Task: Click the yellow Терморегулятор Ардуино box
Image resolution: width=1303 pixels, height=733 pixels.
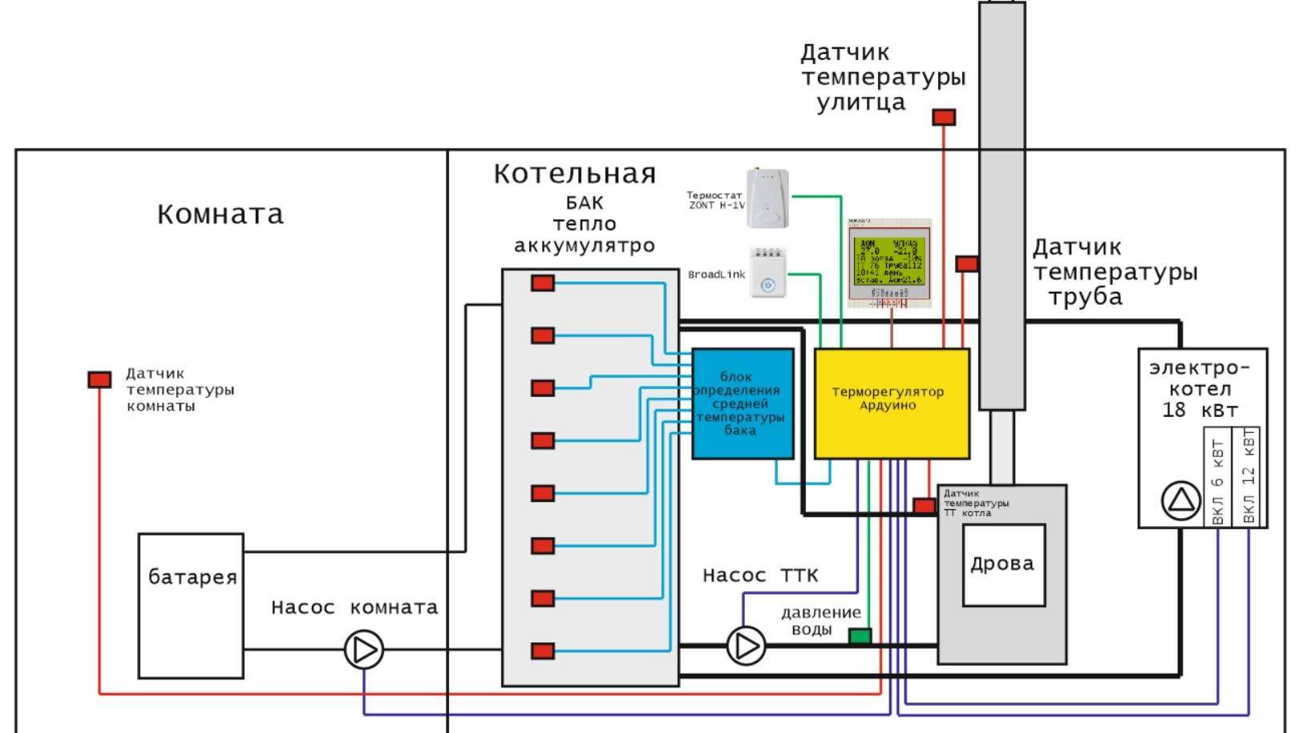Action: click(x=892, y=403)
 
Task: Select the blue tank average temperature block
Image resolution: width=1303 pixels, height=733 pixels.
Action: click(x=743, y=403)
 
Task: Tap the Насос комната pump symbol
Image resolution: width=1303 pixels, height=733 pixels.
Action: click(x=364, y=650)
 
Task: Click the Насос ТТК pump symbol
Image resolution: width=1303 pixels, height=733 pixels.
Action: click(x=746, y=646)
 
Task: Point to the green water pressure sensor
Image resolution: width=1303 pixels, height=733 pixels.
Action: click(x=860, y=636)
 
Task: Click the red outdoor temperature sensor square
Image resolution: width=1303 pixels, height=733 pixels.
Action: click(x=944, y=118)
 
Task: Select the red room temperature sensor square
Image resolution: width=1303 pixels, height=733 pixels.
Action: click(x=99, y=379)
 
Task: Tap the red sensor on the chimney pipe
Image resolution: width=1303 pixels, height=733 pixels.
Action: click(x=967, y=264)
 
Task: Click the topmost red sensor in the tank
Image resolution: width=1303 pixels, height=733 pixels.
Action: click(x=543, y=283)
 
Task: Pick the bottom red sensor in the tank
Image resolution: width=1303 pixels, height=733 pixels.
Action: click(x=543, y=650)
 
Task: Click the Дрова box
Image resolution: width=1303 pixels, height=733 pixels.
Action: click(x=1003, y=565)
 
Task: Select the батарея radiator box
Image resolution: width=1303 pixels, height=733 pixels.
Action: click(x=191, y=605)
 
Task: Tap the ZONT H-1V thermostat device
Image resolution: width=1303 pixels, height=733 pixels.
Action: click(x=767, y=199)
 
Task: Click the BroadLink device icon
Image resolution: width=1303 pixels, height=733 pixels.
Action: click(x=767, y=273)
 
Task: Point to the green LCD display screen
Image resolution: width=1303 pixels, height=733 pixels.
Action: click(x=889, y=261)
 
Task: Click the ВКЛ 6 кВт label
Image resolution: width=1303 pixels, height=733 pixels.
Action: click(x=1218, y=481)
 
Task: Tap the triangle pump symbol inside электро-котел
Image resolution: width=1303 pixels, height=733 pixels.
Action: click(x=1181, y=501)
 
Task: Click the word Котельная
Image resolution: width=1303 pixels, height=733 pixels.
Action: click(x=574, y=174)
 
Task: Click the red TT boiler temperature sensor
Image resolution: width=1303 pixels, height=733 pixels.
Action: click(x=924, y=506)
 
